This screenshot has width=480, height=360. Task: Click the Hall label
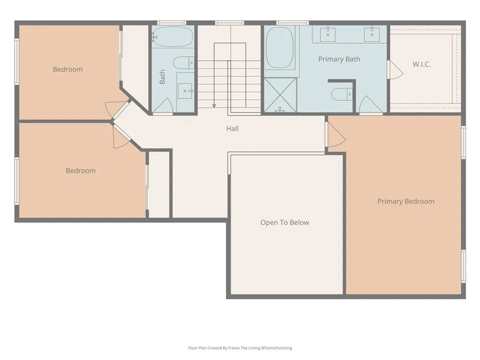(232, 129)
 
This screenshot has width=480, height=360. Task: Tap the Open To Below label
(285, 223)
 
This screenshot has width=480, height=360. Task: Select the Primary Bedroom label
(406, 202)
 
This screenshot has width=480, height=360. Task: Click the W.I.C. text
(421, 64)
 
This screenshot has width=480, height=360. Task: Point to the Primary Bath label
(339, 59)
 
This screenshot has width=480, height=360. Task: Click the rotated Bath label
(162, 77)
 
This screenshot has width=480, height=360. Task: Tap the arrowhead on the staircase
(214, 106)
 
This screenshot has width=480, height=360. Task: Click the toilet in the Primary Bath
(342, 94)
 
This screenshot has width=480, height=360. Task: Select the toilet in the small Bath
(184, 63)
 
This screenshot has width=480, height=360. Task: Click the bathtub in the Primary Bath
(279, 48)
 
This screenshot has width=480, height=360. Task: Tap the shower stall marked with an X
(280, 95)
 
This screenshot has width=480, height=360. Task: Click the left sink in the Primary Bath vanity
(327, 34)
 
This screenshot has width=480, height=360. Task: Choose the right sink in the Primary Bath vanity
(372, 34)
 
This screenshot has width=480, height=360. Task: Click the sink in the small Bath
(185, 91)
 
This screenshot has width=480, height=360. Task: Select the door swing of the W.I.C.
(396, 70)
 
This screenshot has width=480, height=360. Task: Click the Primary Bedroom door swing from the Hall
(336, 135)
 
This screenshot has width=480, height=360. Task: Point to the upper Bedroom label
(68, 70)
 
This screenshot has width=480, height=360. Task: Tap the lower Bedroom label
(81, 170)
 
